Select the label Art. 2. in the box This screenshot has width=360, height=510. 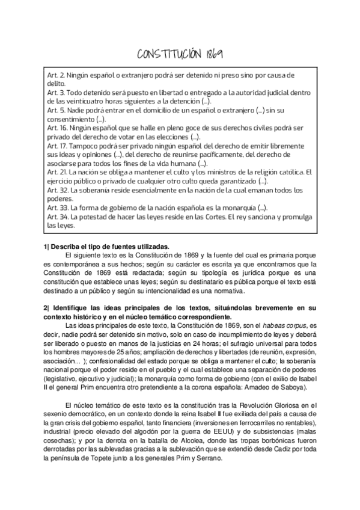click(x=55, y=76)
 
